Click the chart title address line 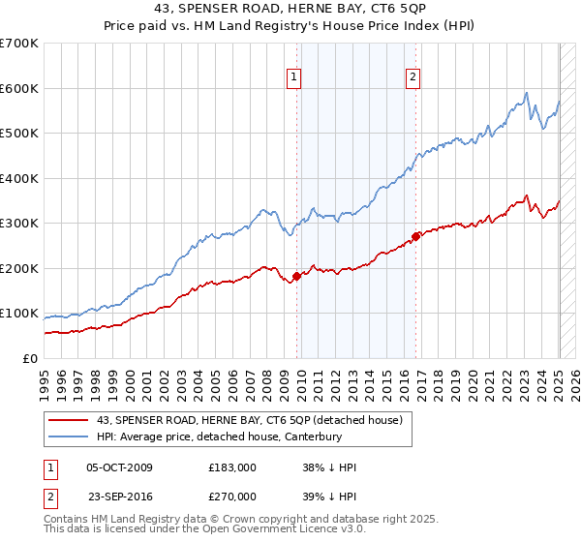(x=290, y=9)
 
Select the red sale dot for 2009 (x=296, y=276)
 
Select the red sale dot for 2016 (x=415, y=236)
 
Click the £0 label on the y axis (x=29, y=358)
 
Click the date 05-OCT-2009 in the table (x=119, y=467)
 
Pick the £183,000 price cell (x=231, y=467)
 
